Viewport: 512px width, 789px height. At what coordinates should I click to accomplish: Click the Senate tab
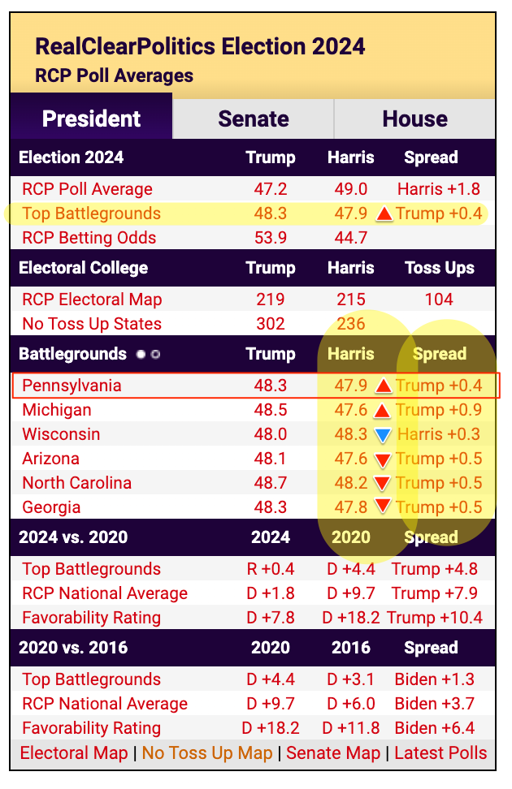[x=254, y=119]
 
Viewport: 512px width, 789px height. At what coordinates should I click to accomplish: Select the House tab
[x=414, y=119]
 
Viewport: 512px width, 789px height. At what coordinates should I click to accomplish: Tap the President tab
[x=91, y=119]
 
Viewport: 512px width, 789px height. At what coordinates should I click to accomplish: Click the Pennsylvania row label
[x=72, y=385]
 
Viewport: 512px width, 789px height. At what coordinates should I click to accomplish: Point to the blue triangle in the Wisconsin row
[x=384, y=435]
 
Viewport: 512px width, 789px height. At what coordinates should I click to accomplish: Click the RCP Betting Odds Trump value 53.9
[x=270, y=238]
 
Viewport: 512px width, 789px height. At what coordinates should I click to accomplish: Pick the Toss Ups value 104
[x=439, y=300]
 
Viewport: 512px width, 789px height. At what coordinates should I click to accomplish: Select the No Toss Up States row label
[x=92, y=324]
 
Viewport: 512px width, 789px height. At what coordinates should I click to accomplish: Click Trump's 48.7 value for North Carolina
[x=270, y=483]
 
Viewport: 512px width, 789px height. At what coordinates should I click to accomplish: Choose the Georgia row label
[x=51, y=507]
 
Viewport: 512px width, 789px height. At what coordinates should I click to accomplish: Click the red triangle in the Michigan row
[x=384, y=411]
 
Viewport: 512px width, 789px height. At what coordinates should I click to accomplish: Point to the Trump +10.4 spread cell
[x=435, y=618]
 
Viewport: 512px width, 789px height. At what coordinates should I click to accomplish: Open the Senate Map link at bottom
[x=333, y=753]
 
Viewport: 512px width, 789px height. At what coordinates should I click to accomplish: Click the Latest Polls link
[x=440, y=753]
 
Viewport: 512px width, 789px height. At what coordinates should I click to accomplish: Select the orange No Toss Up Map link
[x=207, y=753]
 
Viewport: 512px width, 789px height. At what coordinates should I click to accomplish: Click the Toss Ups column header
[x=439, y=268]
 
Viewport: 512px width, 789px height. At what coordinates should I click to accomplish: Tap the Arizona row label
[x=50, y=459]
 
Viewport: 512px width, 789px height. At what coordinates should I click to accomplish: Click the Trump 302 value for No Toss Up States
[x=270, y=324]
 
